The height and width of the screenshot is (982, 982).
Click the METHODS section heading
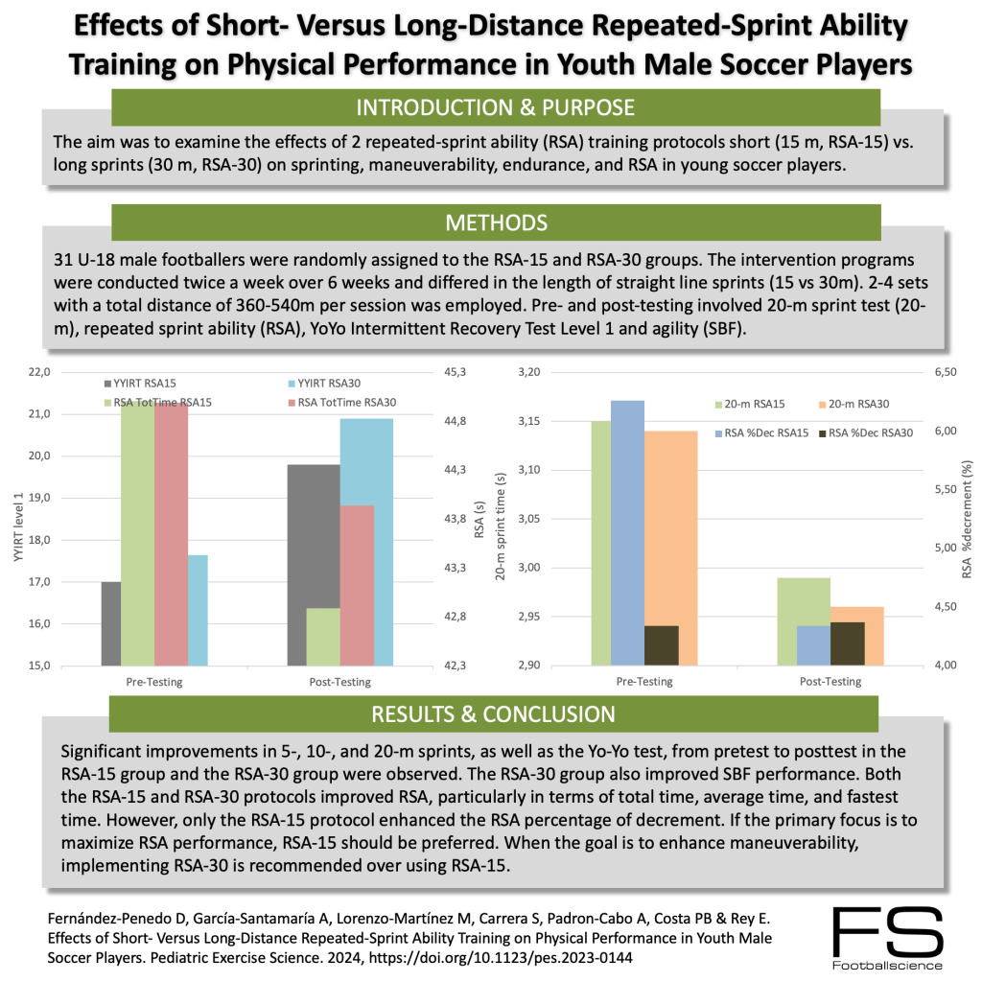495,222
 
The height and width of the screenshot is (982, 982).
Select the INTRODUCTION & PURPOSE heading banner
495,106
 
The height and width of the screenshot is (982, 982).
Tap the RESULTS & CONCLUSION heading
495,714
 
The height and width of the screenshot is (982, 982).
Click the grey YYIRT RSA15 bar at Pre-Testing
111,623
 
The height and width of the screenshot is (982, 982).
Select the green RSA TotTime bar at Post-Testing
324,637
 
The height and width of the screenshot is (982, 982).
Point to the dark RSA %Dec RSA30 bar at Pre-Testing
661,645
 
